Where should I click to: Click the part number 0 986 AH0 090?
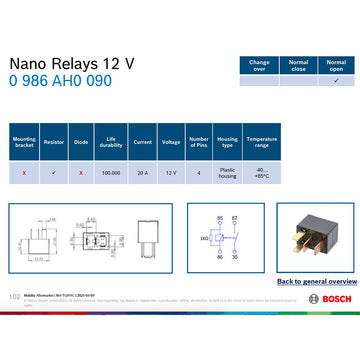60,81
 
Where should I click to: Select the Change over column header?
258,65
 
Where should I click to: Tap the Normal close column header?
297,65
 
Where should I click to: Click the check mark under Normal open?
336,81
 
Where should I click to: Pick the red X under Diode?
80,172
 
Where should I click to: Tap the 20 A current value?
142,172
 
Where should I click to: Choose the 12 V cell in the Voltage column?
170,172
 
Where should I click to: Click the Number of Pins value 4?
198,172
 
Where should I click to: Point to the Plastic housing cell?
227,172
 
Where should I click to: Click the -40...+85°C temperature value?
262,172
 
